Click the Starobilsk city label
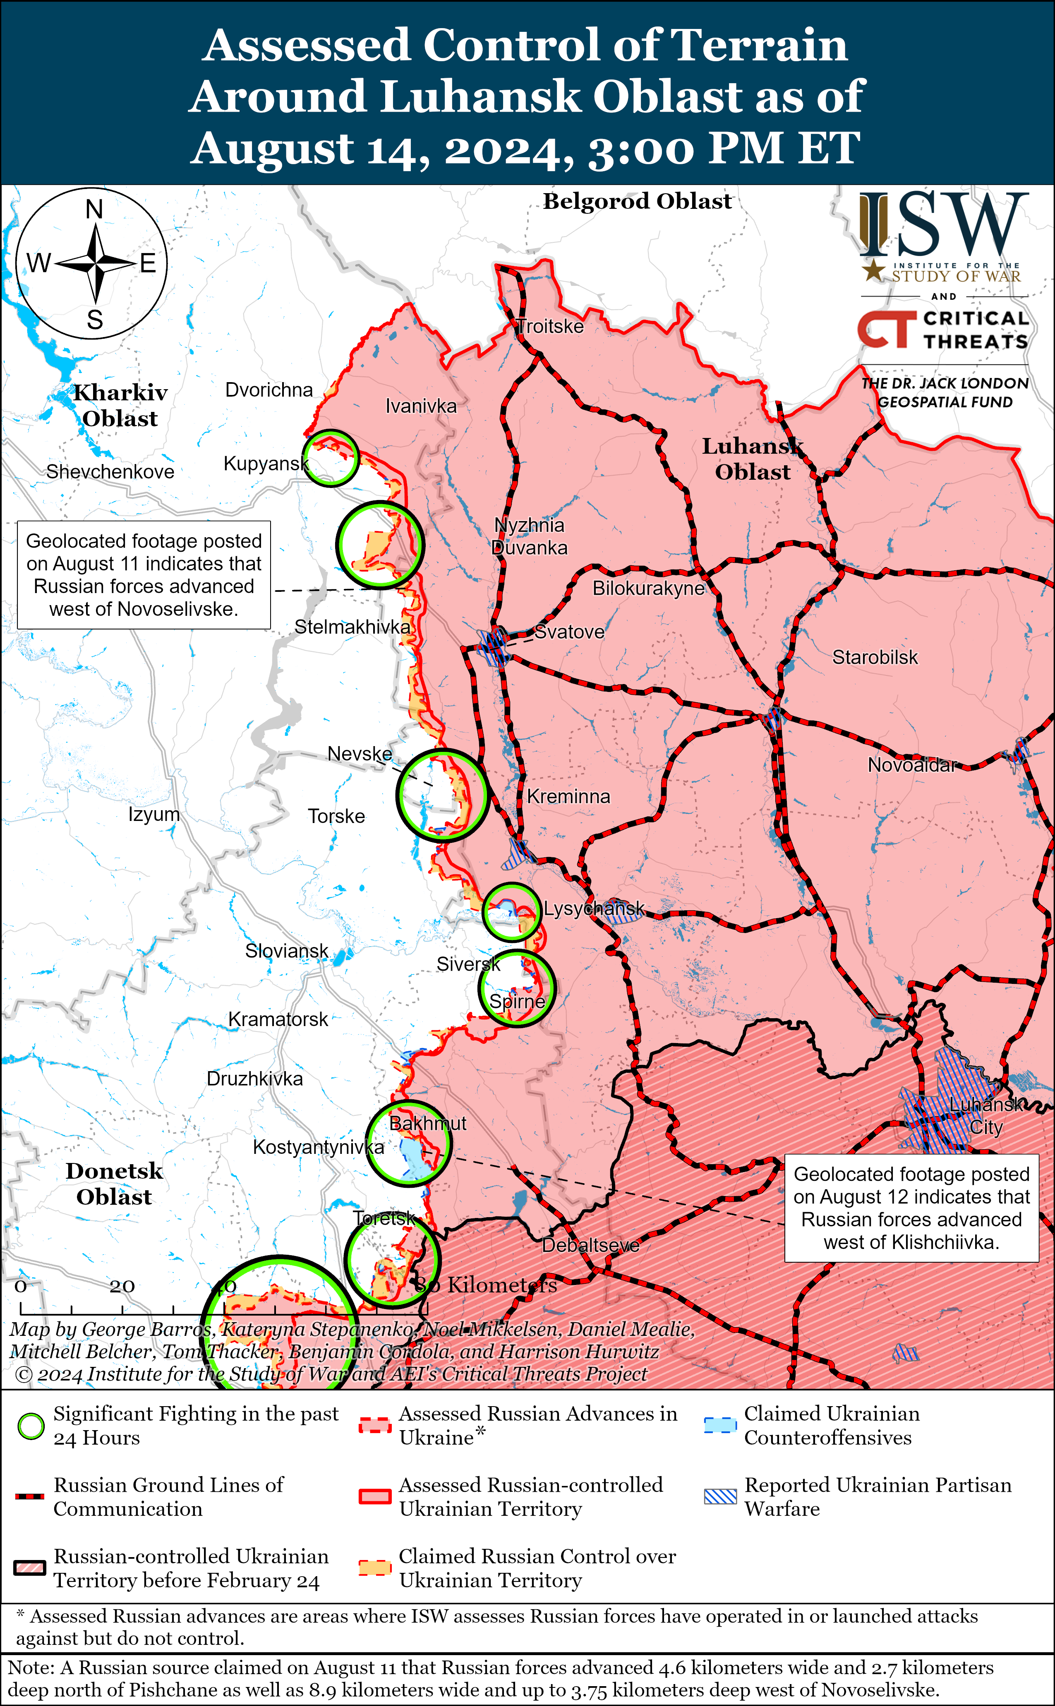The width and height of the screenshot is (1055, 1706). click(875, 657)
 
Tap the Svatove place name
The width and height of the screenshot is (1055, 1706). click(569, 632)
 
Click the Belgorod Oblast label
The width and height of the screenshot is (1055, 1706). click(637, 201)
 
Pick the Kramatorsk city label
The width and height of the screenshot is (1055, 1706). click(278, 1019)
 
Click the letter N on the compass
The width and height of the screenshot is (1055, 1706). click(94, 209)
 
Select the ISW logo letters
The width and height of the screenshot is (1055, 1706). click(943, 225)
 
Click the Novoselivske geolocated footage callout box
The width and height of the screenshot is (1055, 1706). click(144, 575)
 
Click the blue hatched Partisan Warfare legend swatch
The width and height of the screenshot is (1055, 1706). click(720, 1496)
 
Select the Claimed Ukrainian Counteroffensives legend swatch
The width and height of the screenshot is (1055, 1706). click(720, 1425)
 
